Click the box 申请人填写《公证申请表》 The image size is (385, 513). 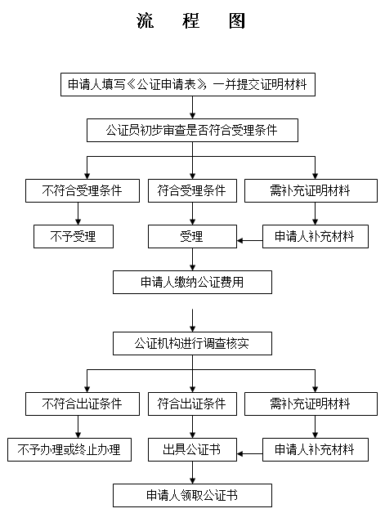[x=188, y=84]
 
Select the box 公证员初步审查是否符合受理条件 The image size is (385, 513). [x=192, y=130]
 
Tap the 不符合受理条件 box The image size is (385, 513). [x=83, y=190]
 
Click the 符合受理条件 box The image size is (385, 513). [x=192, y=190]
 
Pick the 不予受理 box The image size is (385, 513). [x=74, y=236]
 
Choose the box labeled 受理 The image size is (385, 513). [x=192, y=236]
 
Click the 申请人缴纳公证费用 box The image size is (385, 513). [x=192, y=282]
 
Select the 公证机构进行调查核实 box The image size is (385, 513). [x=192, y=344]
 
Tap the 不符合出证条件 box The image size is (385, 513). [x=83, y=404]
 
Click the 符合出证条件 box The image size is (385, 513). [x=192, y=404]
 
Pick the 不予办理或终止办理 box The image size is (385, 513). [x=69, y=449]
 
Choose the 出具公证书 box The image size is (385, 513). [x=192, y=449]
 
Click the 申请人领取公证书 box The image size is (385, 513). [x=192, y=495]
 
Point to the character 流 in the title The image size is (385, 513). [x=145, y=21]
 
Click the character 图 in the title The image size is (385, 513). [x=237, y=21]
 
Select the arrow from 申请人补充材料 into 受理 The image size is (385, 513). [x=250, y=241]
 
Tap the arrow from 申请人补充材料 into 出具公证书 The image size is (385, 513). [x=250, y=454]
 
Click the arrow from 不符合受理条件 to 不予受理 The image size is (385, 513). [x=78, y=213]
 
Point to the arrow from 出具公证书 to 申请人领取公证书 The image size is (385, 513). [x=193, y=472]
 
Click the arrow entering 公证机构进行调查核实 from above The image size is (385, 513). [x=193, y=320]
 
